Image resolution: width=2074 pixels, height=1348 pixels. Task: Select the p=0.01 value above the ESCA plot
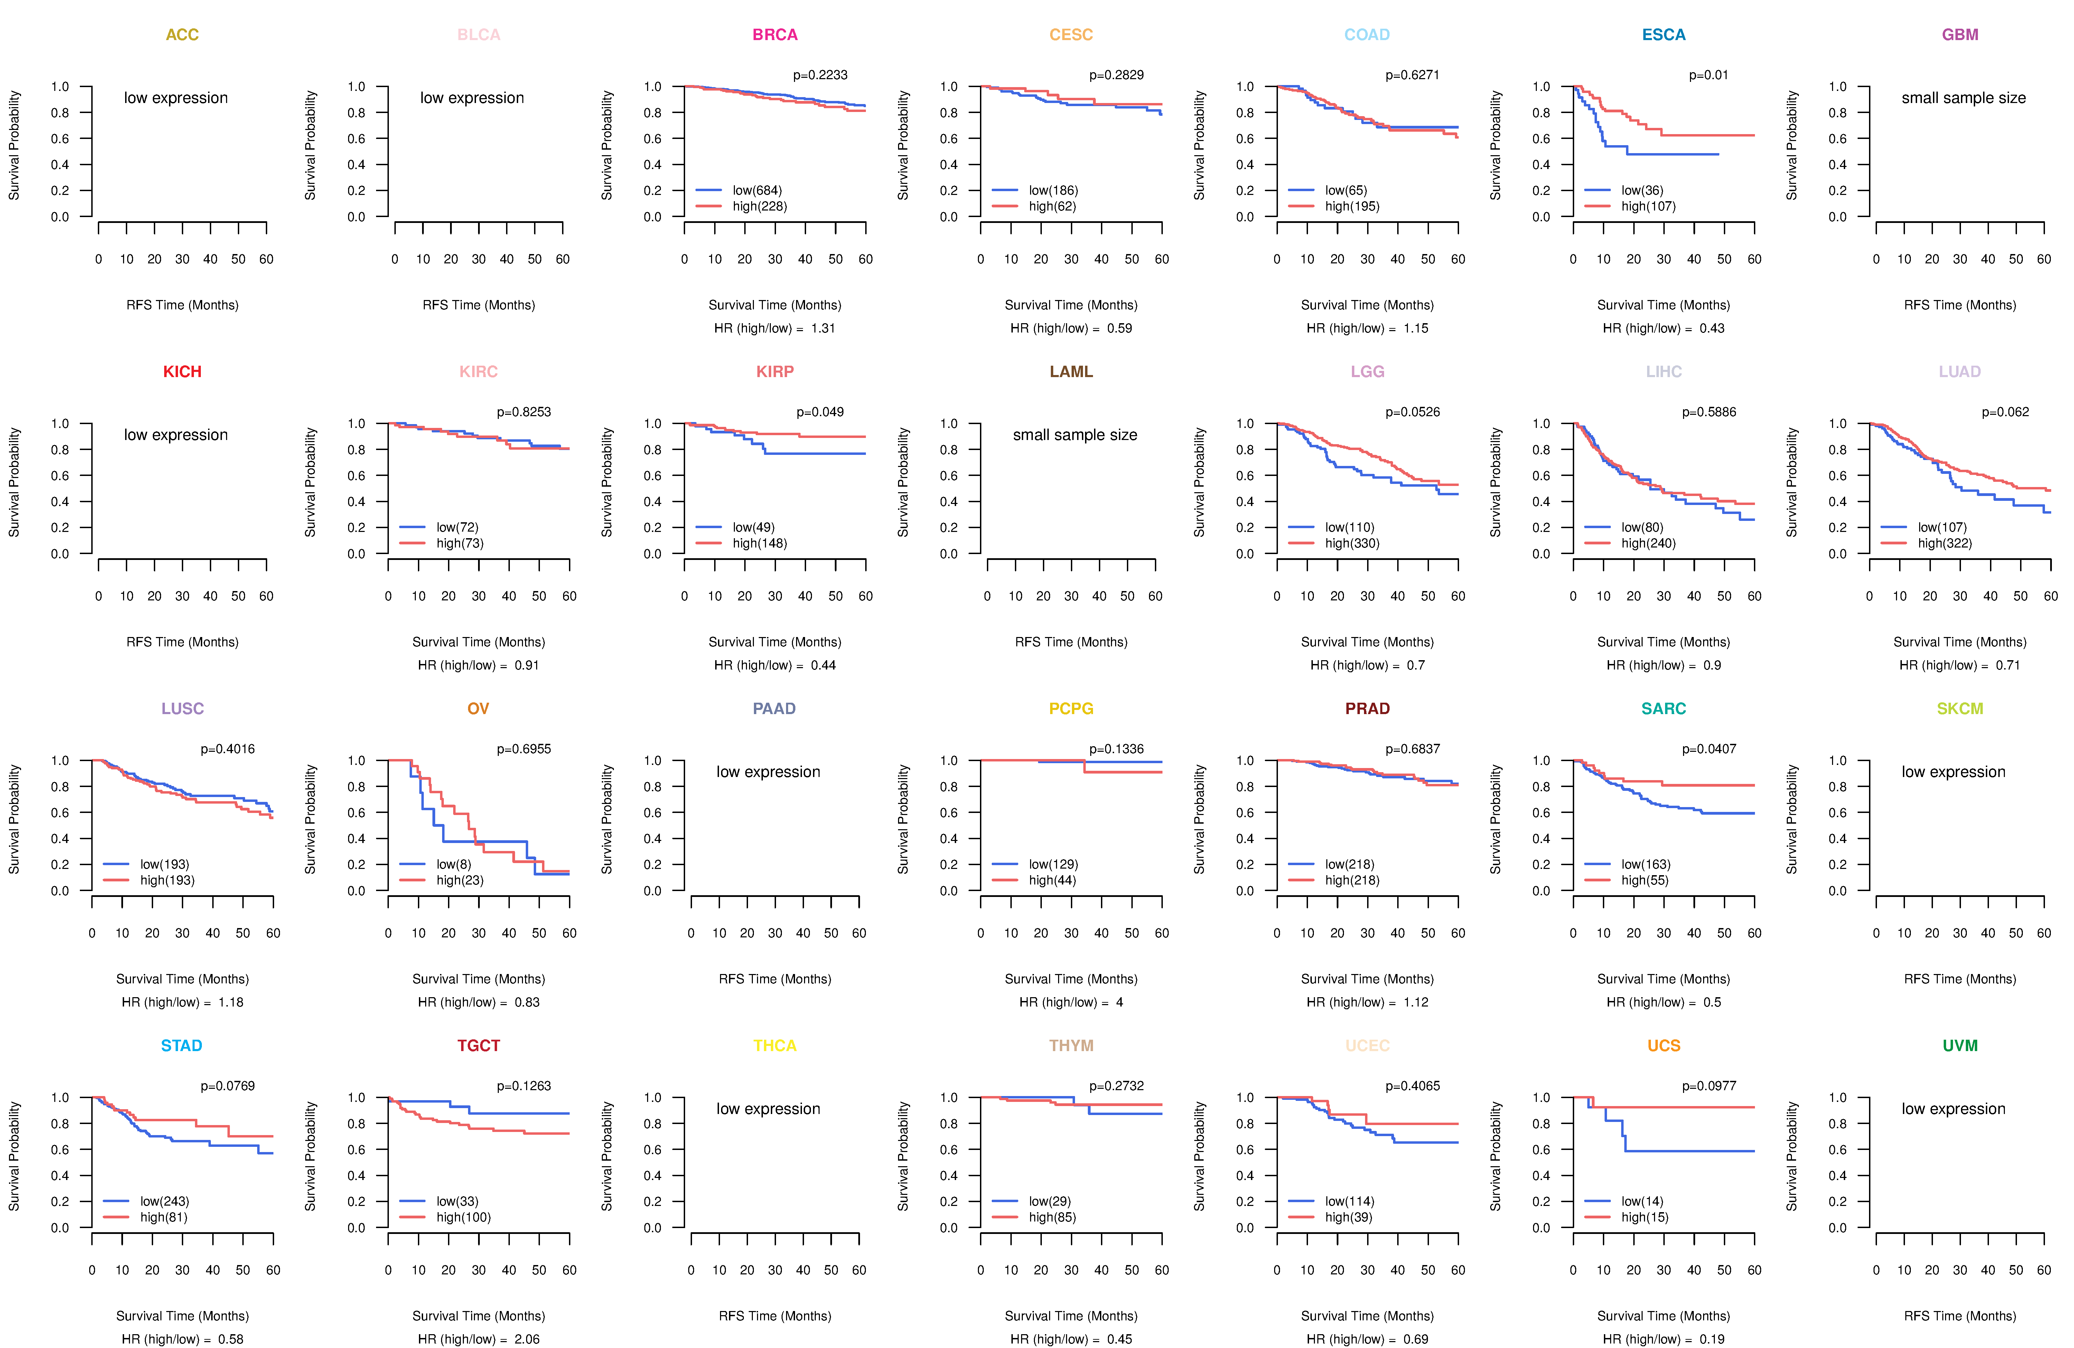(1708, 75)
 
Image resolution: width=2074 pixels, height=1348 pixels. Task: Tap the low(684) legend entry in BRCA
(756, 190)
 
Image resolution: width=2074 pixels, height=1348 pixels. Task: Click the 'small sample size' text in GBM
(1963, 97)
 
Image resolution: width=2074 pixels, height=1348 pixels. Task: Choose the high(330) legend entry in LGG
(1352, 543)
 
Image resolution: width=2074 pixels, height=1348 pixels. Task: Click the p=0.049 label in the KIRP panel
(819, 412)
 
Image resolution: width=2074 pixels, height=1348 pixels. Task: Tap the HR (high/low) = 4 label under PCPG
(1071, 1002)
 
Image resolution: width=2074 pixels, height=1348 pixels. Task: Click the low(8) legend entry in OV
(453, 864)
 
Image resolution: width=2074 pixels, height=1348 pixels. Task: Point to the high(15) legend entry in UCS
(1644, 1217)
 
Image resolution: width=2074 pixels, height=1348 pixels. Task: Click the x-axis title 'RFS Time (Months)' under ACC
(182, 305)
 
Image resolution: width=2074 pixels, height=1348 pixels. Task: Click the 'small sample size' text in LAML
(1074, 435)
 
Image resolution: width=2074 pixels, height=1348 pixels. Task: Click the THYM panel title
(1071, 1046)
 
